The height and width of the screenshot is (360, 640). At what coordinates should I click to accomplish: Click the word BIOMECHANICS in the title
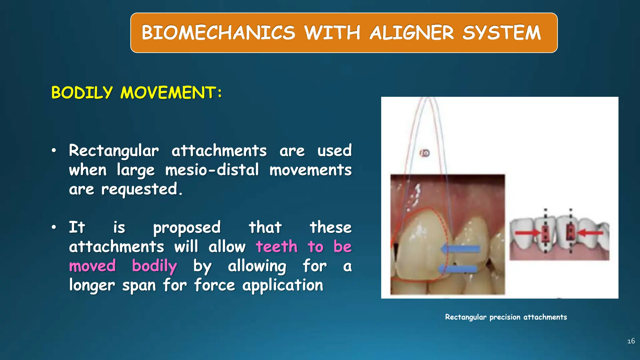coord(218,32)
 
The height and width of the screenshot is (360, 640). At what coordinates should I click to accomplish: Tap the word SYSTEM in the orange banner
coord(501,32)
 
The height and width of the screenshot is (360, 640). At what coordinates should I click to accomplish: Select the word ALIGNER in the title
coord(412,32)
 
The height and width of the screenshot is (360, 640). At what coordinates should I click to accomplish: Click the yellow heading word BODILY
coord(82,92)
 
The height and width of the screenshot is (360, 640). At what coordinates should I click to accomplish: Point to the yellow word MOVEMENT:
coord(171,92)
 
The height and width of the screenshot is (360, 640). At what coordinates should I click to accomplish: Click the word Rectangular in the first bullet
coord(114,151)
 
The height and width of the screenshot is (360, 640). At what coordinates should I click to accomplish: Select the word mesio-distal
coord(212,170)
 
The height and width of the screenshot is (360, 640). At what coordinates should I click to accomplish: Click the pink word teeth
coord(277,247)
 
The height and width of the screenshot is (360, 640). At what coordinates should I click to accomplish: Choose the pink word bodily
coord(154,266)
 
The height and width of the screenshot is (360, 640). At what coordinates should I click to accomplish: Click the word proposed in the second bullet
coord(187,227)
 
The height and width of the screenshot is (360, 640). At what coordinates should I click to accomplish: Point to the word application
coord(282,285)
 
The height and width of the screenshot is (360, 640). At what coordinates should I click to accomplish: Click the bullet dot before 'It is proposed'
coord(54,227)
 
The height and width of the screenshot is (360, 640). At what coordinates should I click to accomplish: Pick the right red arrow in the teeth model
coord(590,232)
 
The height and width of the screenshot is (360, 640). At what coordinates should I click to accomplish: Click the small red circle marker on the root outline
coord(425,153)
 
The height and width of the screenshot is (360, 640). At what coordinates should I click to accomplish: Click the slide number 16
coord(631,341)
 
